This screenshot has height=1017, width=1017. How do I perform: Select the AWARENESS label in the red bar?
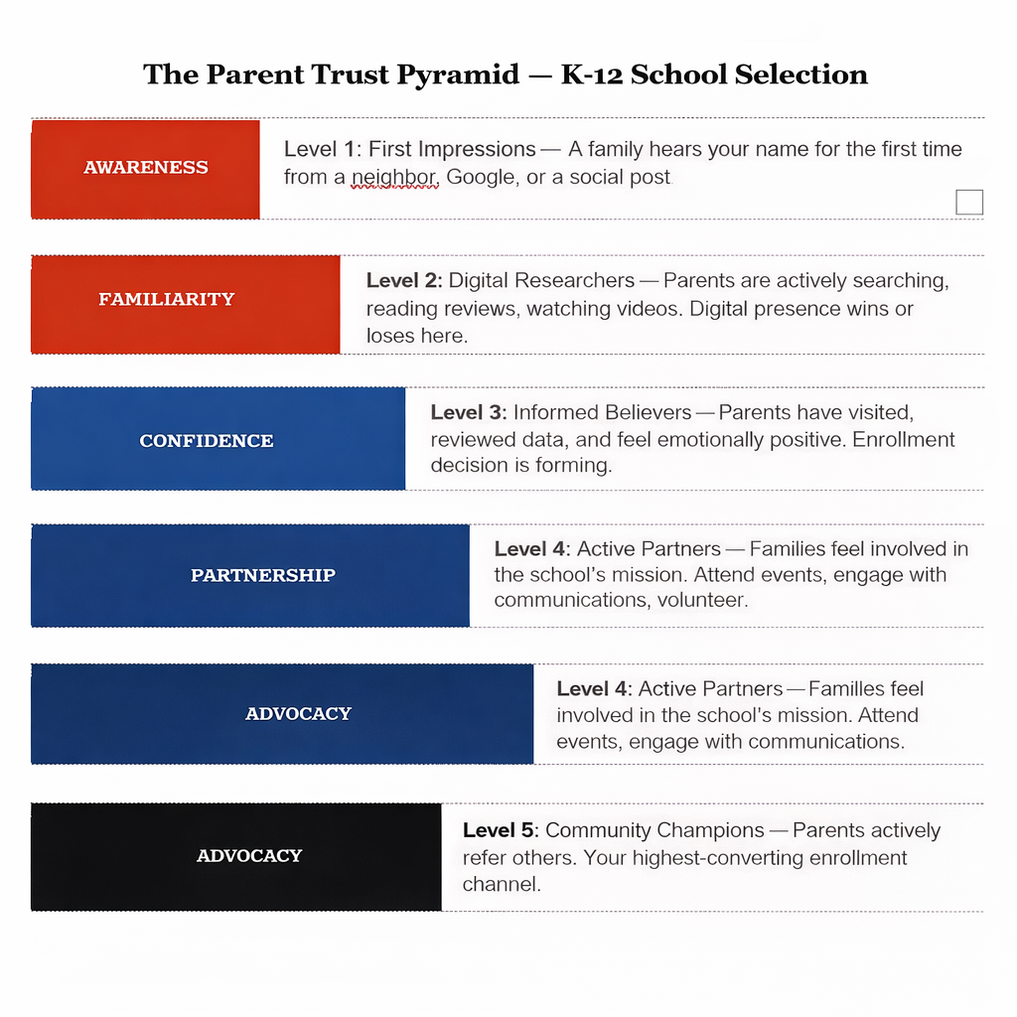[x=146, y=168]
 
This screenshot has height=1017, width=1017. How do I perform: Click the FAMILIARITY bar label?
[x=167, y=299]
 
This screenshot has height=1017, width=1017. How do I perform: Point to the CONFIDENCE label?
[x=207, y=441]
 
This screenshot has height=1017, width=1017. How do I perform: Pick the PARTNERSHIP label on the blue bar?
[x=263, y=575]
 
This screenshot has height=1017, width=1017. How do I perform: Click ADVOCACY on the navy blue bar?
[x=298, y=713]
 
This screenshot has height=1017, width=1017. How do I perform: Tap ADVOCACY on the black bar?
[x=249, y=855]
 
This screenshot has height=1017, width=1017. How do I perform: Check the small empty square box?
[x=969, y=203]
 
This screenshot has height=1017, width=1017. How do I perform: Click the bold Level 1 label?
[x=320, y=150]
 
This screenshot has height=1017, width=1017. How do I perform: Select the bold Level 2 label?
[x=404, y=281]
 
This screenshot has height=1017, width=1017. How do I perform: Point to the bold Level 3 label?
[x=469, y=412]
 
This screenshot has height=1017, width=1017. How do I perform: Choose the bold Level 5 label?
[x=501, y=830]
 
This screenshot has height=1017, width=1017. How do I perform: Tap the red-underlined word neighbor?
[x=394, y=178]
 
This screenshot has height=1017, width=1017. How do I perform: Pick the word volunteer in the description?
[x=701, y=600]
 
